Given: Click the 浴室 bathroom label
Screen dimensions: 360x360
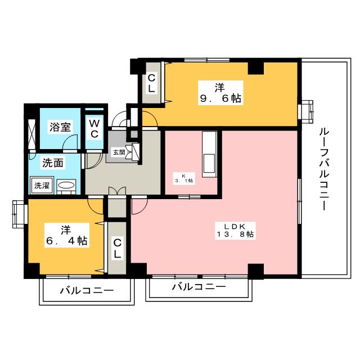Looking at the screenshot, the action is (x=60, y=127).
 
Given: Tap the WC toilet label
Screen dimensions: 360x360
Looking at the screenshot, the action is (x=94, y=129).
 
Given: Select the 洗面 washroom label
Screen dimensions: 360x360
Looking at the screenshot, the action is (x=53, y=163).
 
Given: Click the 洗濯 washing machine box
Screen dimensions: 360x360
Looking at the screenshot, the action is (x=42, y=186).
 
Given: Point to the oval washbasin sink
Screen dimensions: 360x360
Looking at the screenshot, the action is (x=66, y=185).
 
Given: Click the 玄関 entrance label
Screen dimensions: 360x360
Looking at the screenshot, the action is (x=119, y=152).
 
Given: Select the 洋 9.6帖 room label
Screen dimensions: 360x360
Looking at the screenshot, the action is (x=220, y=93).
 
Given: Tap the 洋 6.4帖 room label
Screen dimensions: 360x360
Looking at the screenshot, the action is (x=66, y=235).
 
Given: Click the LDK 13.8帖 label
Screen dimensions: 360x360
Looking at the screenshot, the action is (x=235, y=231).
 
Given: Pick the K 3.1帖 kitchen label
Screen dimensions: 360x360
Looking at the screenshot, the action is (x=184, y=178).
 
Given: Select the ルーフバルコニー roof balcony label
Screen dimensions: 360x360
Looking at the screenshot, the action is (x=324, y=169).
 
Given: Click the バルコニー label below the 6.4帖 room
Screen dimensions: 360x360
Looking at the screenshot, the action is (x=87, y=291).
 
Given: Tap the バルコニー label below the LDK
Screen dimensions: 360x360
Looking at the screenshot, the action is (x=199, y=287).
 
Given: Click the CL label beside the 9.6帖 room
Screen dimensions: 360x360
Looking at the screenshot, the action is (x=151, y=84).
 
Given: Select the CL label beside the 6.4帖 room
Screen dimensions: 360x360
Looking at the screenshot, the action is (x=117, y=249).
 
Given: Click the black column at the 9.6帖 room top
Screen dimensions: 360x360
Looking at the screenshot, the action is (x=256, y=68).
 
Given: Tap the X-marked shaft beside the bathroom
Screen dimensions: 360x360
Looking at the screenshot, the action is (x=31, y=134).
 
